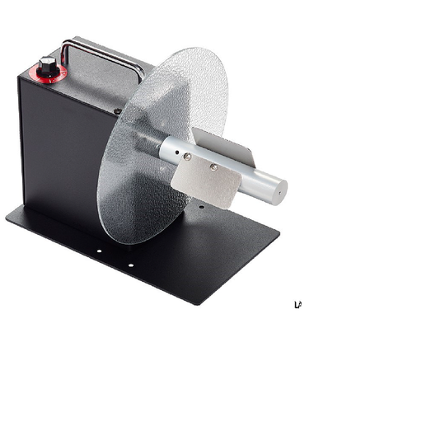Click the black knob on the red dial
click(x=47, y=66)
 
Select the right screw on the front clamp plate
click(x=213, y=166)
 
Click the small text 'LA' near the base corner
click(x=298, y=305)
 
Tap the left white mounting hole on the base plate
click(x=98, y=253)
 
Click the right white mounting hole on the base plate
click(x=129, y=265)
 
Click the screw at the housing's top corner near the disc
click(x=118, y=110)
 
